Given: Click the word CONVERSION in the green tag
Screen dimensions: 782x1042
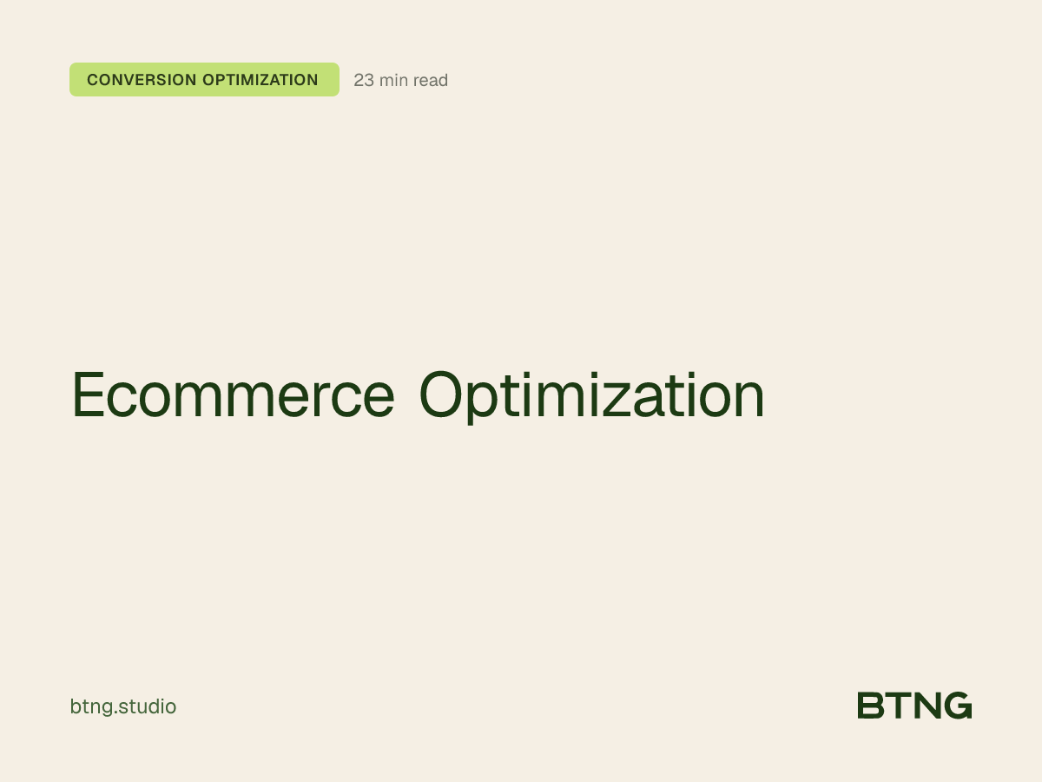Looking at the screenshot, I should click(141, 80).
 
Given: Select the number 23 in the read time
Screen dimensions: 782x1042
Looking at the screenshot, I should click(364, 81).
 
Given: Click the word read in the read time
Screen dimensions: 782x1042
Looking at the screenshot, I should click(431, 81).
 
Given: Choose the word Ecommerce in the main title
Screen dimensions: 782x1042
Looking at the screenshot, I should click(233, 395).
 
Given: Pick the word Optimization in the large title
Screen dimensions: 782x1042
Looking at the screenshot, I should click(591, 395).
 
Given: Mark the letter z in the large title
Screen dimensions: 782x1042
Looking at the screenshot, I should click(629, 400).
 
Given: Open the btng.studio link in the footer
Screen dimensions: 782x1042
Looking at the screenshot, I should click(122, 707).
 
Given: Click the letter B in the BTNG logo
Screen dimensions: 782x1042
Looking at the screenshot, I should click(870, 706).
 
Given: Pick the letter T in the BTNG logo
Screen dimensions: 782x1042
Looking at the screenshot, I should click(897, 706).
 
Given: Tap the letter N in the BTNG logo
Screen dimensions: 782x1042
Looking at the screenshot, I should click(926, 706).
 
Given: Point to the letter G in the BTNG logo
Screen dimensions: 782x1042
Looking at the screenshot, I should click(957, 706).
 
